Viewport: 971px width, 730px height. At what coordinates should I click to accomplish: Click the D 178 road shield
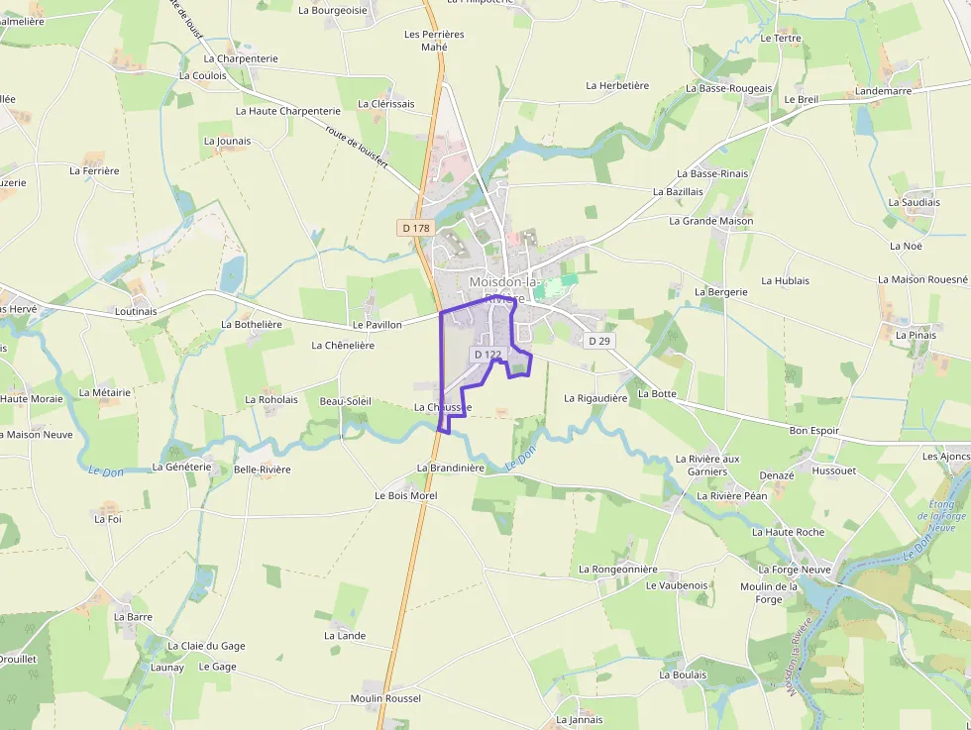[416, 228]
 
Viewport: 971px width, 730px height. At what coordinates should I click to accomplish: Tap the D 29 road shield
[597, 341]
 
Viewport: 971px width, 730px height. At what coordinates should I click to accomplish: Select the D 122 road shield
[487, 354]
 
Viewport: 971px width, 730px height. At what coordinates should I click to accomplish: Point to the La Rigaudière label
[595, 398]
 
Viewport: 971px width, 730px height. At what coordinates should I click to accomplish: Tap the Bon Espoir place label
[813, 431]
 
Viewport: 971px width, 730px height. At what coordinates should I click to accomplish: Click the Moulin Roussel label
[385, 698]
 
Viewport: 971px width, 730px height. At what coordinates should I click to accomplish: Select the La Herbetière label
[617, 85]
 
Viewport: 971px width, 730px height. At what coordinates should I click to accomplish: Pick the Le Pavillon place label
[377, 325]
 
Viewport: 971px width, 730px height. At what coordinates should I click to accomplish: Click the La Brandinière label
[450, 468]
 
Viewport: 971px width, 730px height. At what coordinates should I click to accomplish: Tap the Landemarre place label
[883, 90]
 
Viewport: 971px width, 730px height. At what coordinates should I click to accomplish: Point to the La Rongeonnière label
[617, 570]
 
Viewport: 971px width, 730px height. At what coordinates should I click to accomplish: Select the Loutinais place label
[136, 311]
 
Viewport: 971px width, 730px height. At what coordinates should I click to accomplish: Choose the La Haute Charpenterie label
[287, 111]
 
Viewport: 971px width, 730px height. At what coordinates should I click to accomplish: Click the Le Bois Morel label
[405, 495]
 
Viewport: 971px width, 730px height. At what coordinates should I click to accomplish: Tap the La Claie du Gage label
[206, 646]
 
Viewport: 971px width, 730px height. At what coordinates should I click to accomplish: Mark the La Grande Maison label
[710, 221]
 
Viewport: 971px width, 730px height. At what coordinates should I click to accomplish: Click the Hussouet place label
[833, 470]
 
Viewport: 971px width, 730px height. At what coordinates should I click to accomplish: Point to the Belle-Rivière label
[263, 469]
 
